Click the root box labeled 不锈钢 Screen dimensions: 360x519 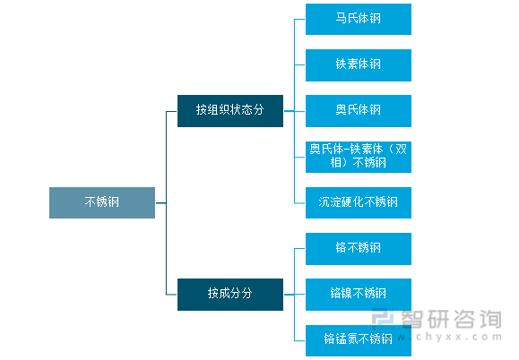click(102, 202)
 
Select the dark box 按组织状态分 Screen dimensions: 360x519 click(230, 110)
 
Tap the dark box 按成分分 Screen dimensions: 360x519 click(230, 294)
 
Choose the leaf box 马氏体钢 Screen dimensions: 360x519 click(358, 19)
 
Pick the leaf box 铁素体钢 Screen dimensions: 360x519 click(358, 64)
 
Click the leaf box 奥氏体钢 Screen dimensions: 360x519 click(358, 110)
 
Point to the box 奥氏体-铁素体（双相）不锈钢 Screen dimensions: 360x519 click(358, 156)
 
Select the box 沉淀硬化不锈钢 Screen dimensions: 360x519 click(358, 201)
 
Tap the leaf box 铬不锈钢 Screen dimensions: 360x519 click(358, 248)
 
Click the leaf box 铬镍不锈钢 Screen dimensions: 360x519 click(358, 294)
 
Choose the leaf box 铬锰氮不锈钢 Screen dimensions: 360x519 click(358, 339)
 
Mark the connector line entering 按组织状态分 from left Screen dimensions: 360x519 click(172, 111)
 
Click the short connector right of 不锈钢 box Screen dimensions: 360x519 click(160, 202)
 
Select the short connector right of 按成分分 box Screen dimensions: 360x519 click(289, 294)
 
